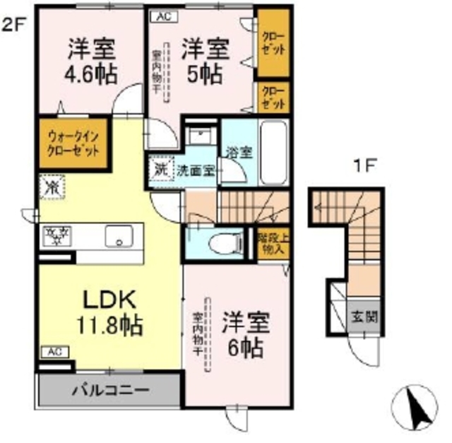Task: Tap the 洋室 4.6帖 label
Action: [92, 61]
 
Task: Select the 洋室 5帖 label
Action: [206, 61]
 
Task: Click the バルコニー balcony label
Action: [107, 389]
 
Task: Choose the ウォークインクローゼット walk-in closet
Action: [73, 145]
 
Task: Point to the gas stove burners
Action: [54, 232]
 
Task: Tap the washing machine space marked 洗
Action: [161, 170]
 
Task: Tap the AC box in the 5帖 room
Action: [162, 13]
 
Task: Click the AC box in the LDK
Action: [54, 351]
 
